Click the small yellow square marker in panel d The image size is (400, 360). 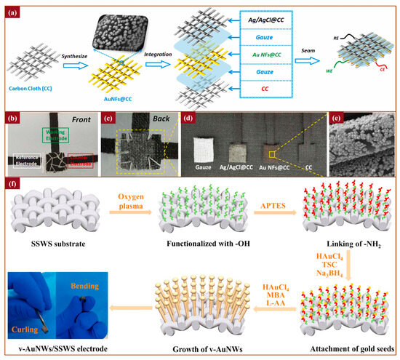click(271, 153)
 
